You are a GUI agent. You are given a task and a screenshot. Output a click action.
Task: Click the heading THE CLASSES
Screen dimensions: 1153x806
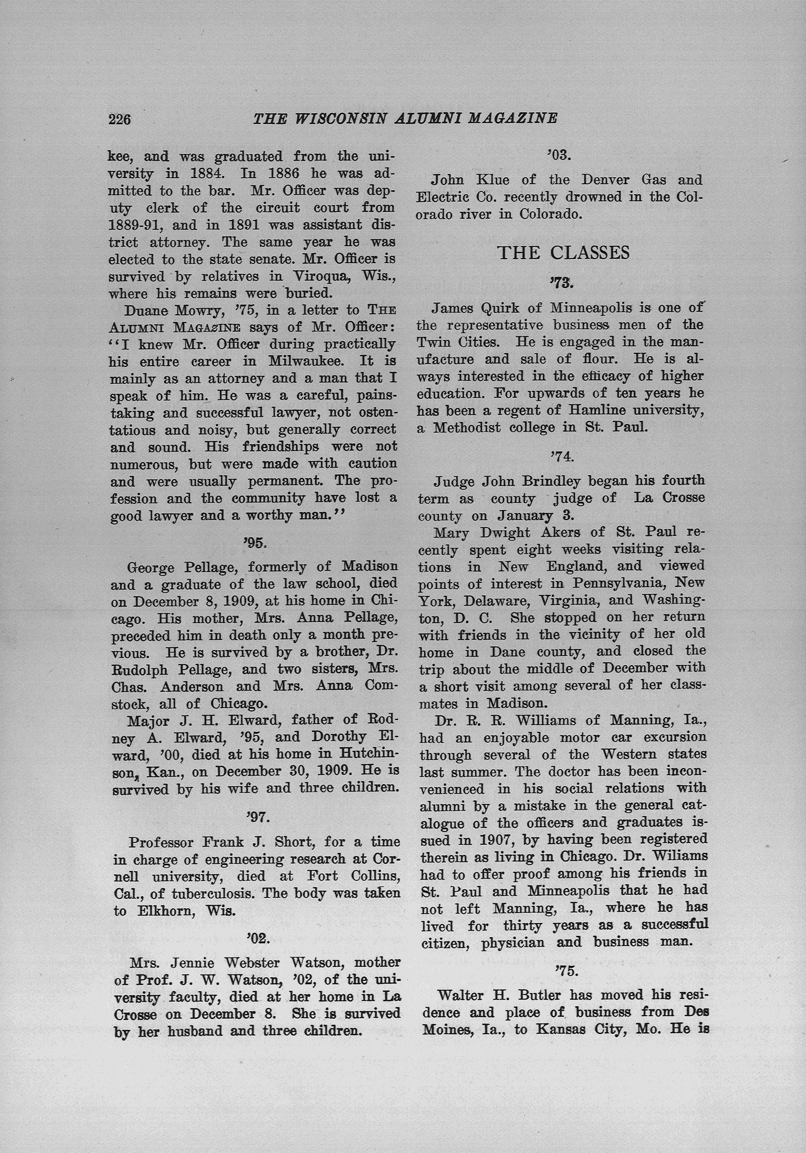(563, 253)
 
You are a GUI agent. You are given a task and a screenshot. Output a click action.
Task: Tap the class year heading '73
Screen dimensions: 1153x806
(561, 283)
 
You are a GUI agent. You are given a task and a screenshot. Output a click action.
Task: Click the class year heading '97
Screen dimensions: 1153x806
(258, 817)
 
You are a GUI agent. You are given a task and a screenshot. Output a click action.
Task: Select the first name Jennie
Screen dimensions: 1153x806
(194, 963)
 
